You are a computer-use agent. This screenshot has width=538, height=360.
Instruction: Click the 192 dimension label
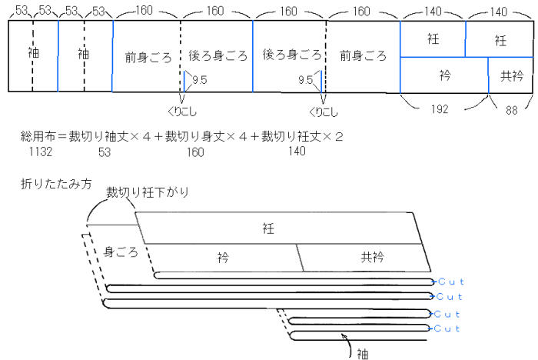(x=440, y=109)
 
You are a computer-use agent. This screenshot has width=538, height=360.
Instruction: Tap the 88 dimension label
(x=510, y=109)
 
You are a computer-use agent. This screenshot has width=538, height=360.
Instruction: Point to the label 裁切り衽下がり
(x=148, y=191)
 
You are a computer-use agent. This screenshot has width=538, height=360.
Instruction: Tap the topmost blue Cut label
(x=450, y=282)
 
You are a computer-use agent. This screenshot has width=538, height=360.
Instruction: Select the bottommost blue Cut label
(x=447, y=328)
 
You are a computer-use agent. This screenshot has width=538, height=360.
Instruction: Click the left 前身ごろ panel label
(x=148, y=56)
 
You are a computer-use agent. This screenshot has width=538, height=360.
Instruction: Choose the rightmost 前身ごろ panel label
(x=363, y=56)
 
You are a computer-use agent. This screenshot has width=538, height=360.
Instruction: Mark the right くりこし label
(x=327, y=110)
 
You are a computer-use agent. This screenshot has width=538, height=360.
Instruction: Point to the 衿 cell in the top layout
(x=444, y=75)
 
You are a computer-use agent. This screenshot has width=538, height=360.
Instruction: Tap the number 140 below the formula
(x=297, y=152)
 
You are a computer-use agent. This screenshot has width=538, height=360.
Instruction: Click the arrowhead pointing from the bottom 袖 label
(x=344, y=337)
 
